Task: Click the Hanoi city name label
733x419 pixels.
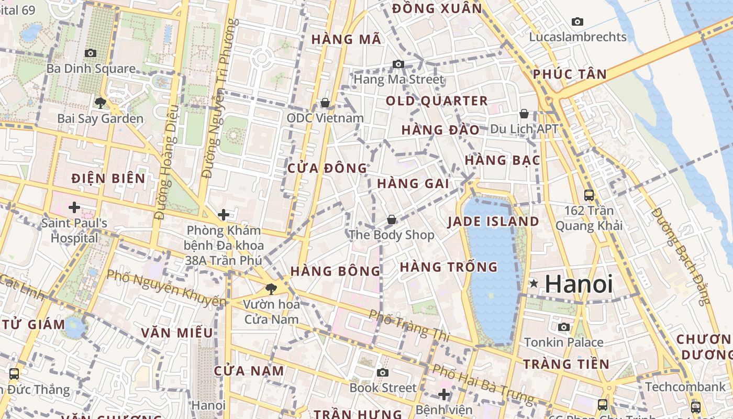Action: [x=579, y=284]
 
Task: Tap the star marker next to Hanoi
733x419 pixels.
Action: [x=534, y=284]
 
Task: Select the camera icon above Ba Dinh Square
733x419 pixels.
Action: [x=91, y=53]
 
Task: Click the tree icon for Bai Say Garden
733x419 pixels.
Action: [x=101, y=103]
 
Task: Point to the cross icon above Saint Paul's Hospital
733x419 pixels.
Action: [x=74, y=207]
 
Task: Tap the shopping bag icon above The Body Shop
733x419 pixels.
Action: [x=391, y=220]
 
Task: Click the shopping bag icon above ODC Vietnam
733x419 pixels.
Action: [x=325, y=103]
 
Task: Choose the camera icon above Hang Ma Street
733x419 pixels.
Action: [x=398, y=64]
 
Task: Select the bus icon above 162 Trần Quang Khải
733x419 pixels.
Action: [x=589, y=195]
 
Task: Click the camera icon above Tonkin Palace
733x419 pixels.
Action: [x=564, y=327]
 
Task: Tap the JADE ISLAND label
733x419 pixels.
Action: [x=493, y=222]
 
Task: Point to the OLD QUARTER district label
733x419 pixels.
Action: [x=437, y=101]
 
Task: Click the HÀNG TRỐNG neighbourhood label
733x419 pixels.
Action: [x=449, y=267]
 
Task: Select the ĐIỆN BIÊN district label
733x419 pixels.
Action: [x=108, y=179]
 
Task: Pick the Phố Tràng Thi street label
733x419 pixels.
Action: [x=409, y=325]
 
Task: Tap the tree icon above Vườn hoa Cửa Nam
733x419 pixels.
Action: [x=271, y=288]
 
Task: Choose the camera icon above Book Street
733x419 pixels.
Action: [x=383, y=372]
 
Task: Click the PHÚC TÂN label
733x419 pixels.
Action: [x=570, y=74]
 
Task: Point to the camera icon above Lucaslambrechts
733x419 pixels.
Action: [x=577, y=21]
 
